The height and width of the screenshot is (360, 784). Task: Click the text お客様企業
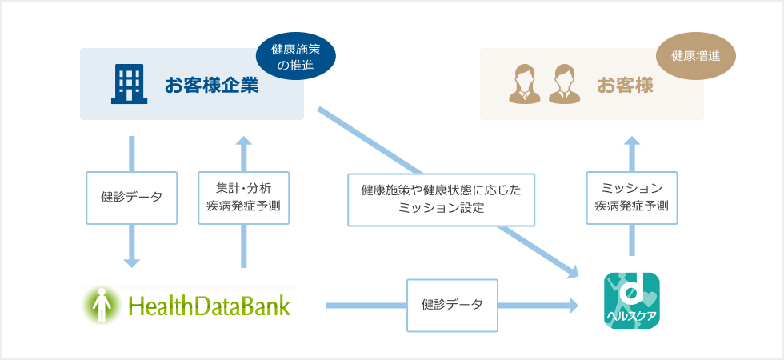[211, 85]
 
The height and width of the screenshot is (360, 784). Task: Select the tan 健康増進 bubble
[695, 57]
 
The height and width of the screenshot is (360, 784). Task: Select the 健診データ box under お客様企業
[132, 197]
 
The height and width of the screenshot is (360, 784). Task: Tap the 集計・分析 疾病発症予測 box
[244, 197]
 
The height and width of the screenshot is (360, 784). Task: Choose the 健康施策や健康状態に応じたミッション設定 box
[441, 198]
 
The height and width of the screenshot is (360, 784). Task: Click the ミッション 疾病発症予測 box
[631, 198]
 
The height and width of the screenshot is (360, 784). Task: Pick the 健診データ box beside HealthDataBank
[452, 305]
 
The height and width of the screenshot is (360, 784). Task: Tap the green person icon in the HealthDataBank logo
[101, 305]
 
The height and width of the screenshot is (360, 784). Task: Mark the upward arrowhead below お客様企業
[244, 142]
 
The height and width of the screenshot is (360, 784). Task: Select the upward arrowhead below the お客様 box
[632, 142]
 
